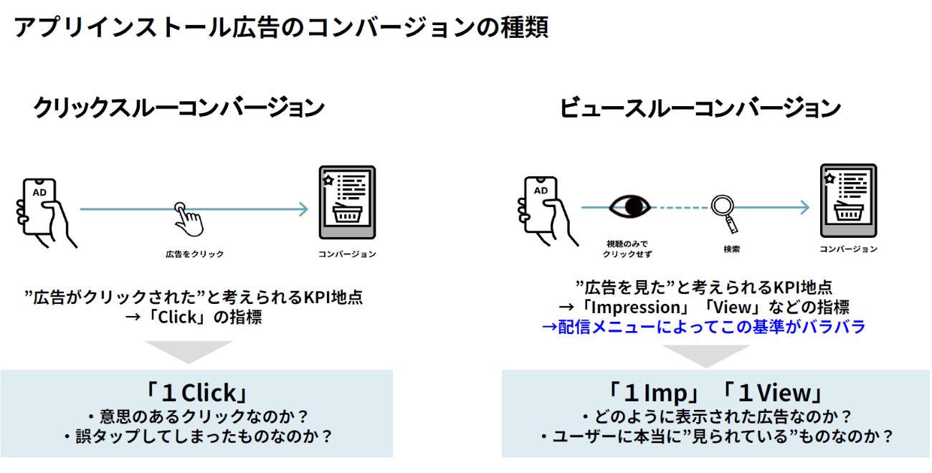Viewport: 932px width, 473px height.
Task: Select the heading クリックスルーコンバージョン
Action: pyautogui.click(x=179, y=108)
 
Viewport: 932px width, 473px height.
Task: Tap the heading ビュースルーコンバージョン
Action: pyautogui.click(x=700, y=108)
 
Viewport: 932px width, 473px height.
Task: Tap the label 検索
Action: pyautogui.click(x=731, y=249)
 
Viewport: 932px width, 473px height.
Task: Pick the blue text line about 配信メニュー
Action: pyautogui.click(x=704, y=327)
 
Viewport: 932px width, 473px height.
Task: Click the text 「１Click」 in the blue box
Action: pyautogui.click(x=196, y=393)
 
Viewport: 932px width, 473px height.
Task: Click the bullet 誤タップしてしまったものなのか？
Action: pyautogui.click(x=197, y=436)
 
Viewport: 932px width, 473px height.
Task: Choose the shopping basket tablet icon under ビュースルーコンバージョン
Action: pyautogui.click(x=849, y=200)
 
